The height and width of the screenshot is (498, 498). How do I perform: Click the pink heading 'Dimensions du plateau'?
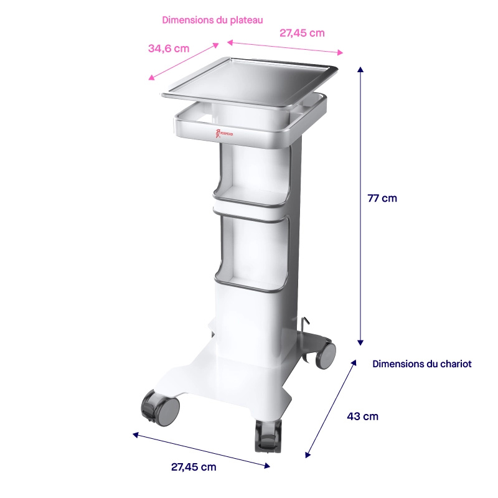pos(212,20)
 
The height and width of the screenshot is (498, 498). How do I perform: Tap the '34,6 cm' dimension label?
pos(169,49)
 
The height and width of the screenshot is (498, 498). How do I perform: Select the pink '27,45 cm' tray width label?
pos(302,33)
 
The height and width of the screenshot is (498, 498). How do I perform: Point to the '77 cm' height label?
pos(382,199)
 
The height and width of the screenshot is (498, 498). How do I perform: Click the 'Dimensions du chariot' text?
pos(421,364)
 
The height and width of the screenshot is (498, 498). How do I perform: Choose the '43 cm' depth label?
pos(362,416)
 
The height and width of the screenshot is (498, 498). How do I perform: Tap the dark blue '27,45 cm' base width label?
pos(194,467)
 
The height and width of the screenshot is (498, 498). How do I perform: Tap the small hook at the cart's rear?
pos(305,324)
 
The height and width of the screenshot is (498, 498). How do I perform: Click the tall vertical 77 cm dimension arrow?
pos(360,205)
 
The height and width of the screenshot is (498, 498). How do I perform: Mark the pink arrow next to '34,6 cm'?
pos(184,61)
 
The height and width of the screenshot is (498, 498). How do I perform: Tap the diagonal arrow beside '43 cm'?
pos(332,408)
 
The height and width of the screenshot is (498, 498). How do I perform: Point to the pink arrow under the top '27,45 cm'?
pos(285,48)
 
